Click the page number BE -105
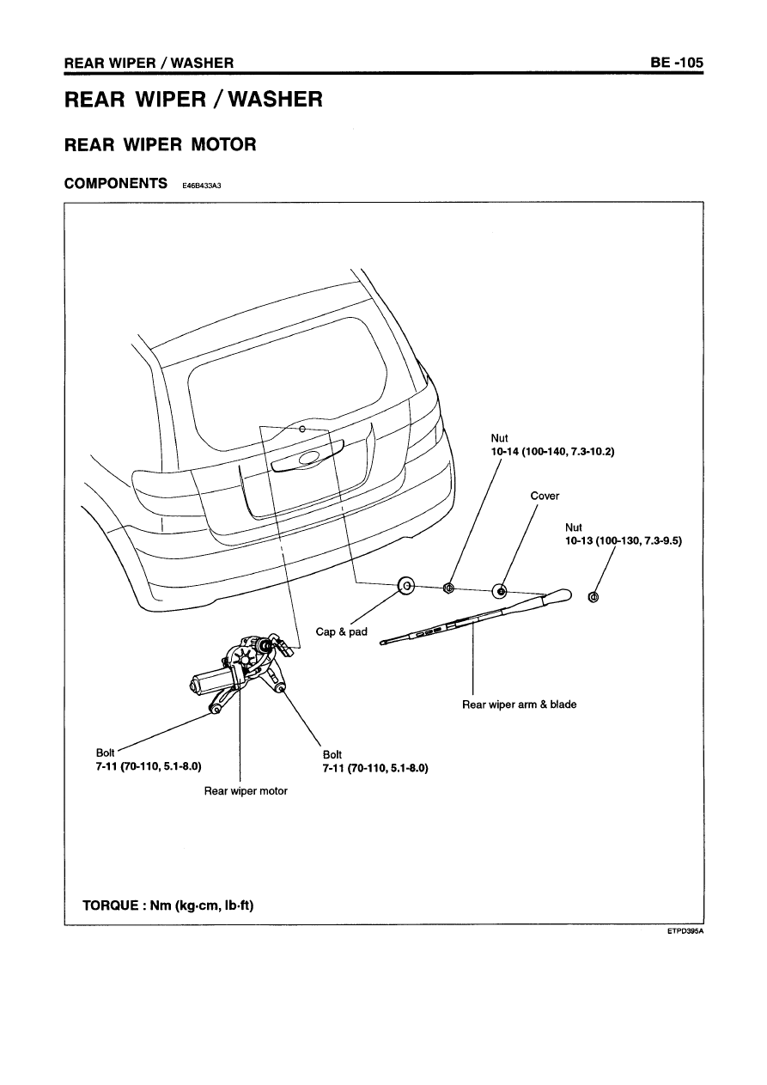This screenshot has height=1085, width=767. click(676, 63)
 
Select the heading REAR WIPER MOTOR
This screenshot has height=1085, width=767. click(161, 144)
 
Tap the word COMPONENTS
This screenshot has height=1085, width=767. click(116, 183)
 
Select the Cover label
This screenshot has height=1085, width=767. click(545, 496)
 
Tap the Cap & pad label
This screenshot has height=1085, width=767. click(341, 631)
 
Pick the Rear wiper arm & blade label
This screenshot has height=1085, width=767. click(519, 704)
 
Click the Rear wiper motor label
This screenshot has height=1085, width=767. click(246, 791)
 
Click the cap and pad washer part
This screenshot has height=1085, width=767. click(406, 587)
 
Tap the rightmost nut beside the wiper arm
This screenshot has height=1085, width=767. click(594, 597)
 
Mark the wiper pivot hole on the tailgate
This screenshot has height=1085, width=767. click(302, 429)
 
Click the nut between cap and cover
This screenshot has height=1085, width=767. click(447, 588)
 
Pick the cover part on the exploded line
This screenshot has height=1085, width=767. click(500, 591)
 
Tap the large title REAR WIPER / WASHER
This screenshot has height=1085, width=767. click(194, 101)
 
